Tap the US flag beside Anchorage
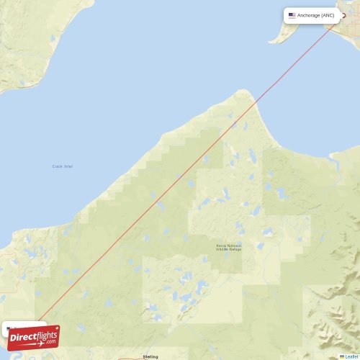tap(292, 15)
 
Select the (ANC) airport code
tap(328, 15)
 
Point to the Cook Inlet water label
tap(62, 166)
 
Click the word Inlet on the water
tap(67, 166)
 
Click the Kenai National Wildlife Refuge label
tap(229, 247)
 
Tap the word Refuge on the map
tap(236, 249)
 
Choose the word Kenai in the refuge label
tap(221, 245)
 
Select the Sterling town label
tap(150, 356)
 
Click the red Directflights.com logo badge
tap(33, 337)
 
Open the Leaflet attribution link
tap(351, 356)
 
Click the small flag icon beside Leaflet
tap(342, 356)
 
